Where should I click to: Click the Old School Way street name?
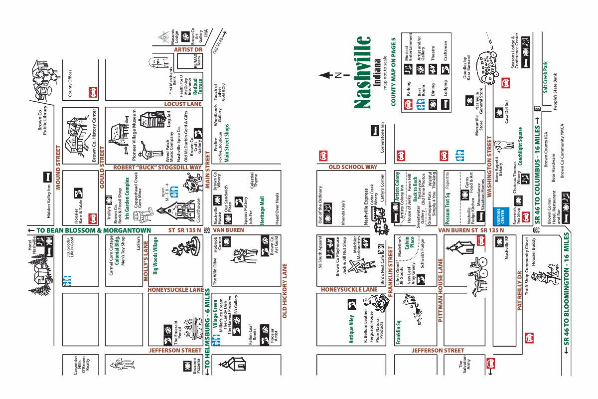(352, 167)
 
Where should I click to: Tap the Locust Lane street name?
(183, 104)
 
